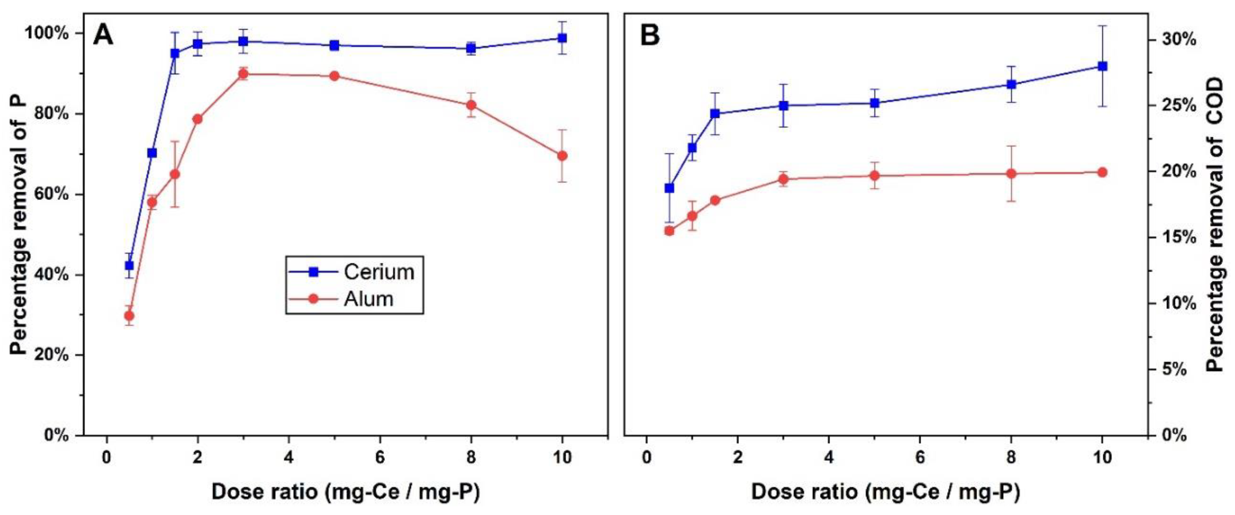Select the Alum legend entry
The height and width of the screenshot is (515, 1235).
(x=368, y=299)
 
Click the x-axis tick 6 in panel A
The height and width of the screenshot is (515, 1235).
(x=380, y=457)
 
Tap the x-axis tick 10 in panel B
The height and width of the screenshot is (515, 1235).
(x=1102, y=457)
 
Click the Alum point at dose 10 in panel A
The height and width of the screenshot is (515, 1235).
(x=562, y=156)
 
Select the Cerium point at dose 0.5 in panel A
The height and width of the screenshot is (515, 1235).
(x=129, y=266)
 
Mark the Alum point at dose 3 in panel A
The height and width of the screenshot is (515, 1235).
(x=243, y=74)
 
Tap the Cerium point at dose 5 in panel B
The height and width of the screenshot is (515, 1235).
(x=874, y=103)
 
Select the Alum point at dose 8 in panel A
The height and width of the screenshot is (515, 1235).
(x=471, y=105)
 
